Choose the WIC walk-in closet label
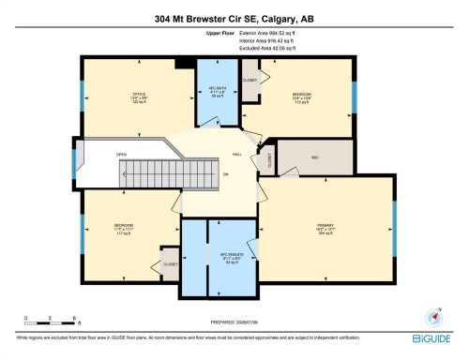pos(315,156)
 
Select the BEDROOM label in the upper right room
pos(302,95)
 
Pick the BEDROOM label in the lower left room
pos(124,226)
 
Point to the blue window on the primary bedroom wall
pos(394,227)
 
